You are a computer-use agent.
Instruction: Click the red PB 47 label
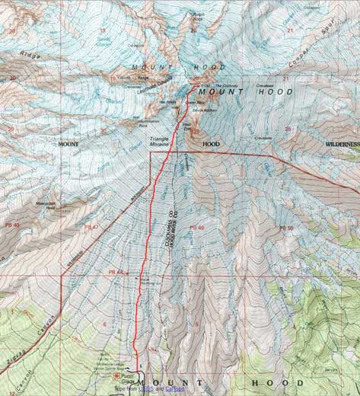93,228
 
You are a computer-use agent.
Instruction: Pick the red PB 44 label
115,272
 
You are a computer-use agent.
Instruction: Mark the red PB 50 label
285,228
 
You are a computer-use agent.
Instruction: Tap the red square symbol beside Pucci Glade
116,375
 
